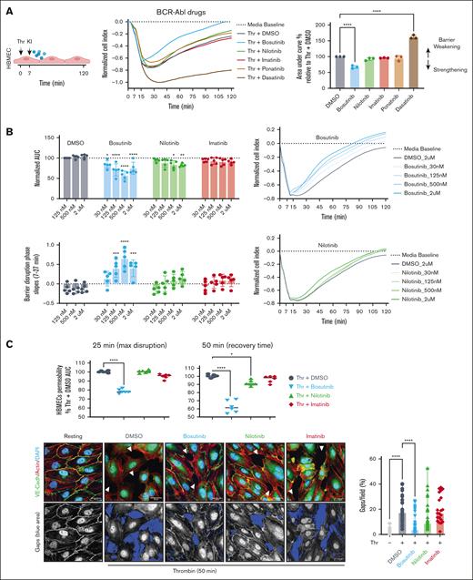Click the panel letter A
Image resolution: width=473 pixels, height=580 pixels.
click(7, 8)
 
